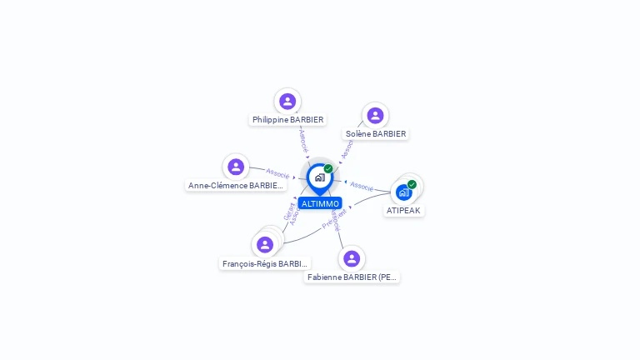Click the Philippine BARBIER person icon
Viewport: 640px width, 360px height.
287,101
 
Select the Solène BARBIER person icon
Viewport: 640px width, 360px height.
375,115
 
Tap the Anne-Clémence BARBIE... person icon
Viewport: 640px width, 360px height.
236,167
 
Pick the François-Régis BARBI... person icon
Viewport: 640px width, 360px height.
265,244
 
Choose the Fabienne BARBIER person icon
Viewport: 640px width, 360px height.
352,258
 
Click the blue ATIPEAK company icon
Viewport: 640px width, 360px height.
404,192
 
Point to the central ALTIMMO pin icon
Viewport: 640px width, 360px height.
319,177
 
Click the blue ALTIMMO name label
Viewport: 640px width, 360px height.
320,203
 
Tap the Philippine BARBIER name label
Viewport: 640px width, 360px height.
287,120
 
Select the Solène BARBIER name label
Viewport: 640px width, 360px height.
375,133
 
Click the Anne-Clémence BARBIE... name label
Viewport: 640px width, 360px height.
237,186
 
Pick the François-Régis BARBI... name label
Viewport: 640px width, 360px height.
265,263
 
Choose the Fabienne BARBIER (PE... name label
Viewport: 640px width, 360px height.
352,277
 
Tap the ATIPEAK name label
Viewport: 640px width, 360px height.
404,211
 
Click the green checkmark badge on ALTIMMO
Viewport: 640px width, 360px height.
328,168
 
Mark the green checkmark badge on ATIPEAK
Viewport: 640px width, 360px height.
412,184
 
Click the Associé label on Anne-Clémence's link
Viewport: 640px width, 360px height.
277,173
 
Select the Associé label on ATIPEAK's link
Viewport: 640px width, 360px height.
362,186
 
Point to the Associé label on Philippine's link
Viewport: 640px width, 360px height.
303,139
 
